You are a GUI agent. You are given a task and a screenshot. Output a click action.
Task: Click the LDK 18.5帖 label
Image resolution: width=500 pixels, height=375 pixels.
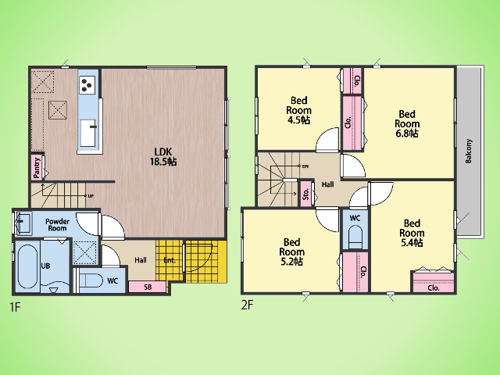pos(163,156)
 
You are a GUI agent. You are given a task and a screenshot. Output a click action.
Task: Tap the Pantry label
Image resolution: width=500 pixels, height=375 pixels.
pos(37,168)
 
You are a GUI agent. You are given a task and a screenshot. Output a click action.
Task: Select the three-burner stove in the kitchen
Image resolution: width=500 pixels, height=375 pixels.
pos(87,85)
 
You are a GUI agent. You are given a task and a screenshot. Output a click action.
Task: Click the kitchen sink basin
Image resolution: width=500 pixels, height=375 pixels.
pos(87,133)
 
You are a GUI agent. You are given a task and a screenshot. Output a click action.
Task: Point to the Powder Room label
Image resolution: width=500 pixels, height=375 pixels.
pos(57,225)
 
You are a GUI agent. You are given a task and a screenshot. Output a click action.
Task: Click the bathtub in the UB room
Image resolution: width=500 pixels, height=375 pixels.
pos(28,268)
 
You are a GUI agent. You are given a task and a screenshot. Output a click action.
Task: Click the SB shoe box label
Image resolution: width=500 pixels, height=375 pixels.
pos(148,287)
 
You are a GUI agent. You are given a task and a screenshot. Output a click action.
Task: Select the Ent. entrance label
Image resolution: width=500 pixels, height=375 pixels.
pos(170,260)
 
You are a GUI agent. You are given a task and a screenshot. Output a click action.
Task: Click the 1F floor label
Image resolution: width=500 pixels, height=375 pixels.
pos(15,307)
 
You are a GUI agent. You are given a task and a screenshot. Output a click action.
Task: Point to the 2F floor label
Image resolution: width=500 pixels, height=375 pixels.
pos(247,305)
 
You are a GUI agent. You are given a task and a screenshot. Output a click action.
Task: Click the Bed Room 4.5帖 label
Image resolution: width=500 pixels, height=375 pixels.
pos(298,110)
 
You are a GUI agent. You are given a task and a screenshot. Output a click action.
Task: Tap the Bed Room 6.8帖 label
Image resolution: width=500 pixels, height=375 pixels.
pos(407,123)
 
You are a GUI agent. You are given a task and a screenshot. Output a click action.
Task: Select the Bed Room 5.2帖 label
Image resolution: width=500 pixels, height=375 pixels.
pos(291,252)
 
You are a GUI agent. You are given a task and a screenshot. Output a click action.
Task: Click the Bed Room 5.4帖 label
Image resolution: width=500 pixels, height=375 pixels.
pos(412,233)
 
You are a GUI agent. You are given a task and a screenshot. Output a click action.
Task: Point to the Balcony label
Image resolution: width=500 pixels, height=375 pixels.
pos(469,151)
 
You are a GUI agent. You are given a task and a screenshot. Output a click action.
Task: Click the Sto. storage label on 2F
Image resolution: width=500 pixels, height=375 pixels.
pos(306,194)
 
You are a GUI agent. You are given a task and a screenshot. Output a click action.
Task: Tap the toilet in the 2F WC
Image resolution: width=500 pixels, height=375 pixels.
pos(355,237)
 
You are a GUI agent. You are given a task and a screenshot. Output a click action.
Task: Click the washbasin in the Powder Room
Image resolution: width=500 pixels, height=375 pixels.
pos(23,222)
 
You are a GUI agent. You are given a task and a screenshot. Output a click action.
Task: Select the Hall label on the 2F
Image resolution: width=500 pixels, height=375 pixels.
pos(327,184)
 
